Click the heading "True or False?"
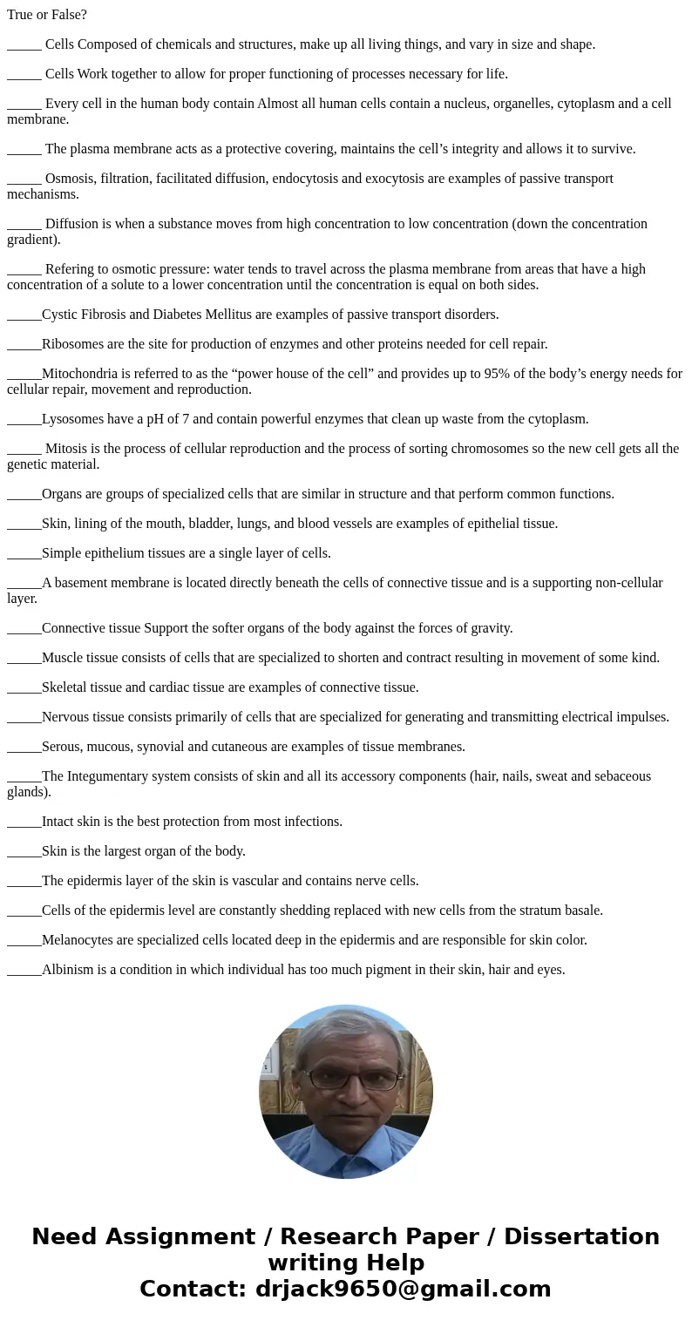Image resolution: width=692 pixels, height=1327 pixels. pyautogui.click(x=47, y=15)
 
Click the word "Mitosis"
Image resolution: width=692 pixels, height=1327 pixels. pyautogui.click(x=67, y=449)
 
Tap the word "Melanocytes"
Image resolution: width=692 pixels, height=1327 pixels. pyautogui.click(x=78, y=940)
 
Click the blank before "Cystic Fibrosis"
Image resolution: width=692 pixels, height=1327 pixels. pyautogui.click(x=24, y=315)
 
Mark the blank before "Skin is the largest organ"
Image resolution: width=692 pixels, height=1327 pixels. pyautogui.click(x=24, y=851)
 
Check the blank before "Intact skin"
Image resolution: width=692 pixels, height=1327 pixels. pyautogui.click(x=24, y=822)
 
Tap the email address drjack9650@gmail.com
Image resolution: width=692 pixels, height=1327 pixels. pyautogui.click(x=403, y=1289)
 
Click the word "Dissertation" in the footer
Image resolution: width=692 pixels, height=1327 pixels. pyautogui.click(x=581, y=1236)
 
